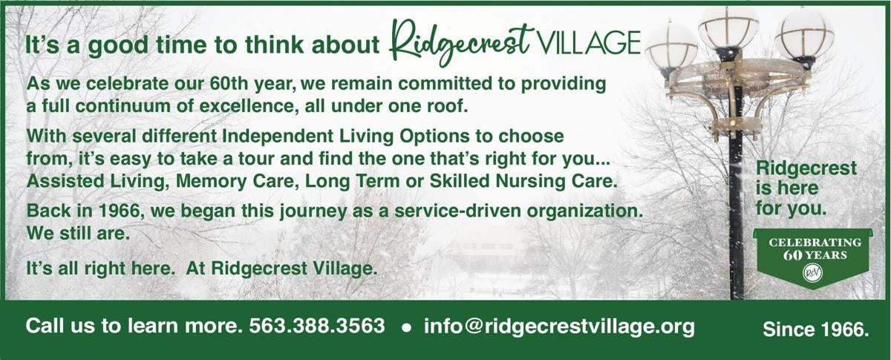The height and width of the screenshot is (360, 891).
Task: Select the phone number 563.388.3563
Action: click(x=317, y=326)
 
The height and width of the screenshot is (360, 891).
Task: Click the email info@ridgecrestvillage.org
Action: click(x=559, y=326)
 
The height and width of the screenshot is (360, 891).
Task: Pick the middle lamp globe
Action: click(x=728, y=28)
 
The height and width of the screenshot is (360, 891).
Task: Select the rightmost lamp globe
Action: click(x=805, y=33)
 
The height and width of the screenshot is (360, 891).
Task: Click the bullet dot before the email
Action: click(x=405, y=327)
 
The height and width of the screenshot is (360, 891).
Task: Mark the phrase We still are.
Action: click(x=68, y=232)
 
